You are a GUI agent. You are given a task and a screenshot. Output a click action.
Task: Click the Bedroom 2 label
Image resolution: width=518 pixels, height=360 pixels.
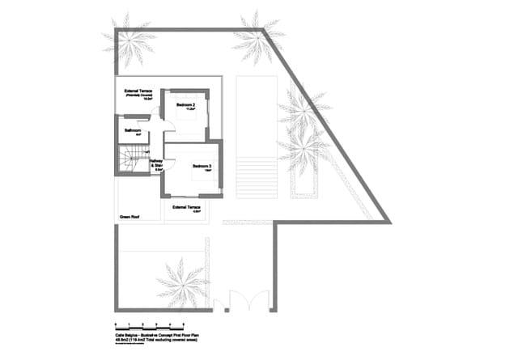[x=185, y=106]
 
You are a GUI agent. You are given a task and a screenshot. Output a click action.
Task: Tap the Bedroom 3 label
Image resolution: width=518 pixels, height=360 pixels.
[x=202, y=167]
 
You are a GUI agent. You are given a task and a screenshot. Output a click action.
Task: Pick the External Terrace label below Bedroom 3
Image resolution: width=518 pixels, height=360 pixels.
[x=187, y=207]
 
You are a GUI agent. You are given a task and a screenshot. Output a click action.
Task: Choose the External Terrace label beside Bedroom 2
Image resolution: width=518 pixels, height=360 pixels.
[x=138, y=91]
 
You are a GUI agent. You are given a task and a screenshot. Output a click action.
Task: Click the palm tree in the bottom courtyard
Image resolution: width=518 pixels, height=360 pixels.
[x=182, y=282]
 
